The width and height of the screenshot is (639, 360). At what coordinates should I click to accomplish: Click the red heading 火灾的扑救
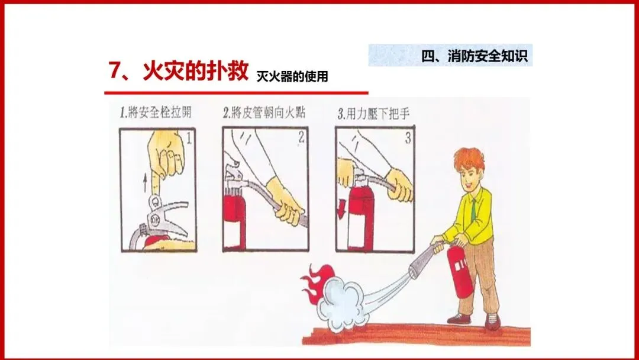point(195,70)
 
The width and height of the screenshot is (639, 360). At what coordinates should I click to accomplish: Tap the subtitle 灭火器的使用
point(292,76)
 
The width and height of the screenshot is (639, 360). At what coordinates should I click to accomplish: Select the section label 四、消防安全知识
point(475,56)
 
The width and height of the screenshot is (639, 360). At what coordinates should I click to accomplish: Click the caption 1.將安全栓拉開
point(155,112)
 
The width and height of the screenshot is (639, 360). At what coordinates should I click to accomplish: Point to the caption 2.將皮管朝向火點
point(264,112)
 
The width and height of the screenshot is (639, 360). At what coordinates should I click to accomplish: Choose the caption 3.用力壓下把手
point(373,114)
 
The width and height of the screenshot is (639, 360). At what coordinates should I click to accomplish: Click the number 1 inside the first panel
point(189,139)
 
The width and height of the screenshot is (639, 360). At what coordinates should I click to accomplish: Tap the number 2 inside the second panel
point(301,138)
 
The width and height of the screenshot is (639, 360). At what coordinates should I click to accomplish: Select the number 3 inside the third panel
point(408,138)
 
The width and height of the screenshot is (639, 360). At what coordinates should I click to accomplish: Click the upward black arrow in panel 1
point(146,183)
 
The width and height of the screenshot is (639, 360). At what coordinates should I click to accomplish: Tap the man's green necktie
point(473,211)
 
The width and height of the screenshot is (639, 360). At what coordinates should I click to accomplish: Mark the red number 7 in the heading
point(115,70)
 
